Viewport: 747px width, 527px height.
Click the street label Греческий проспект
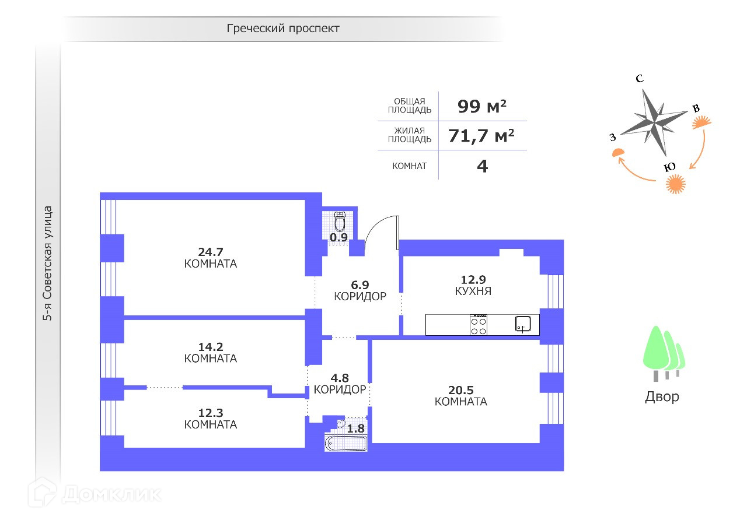click(283, 28)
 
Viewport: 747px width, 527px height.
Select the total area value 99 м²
click(481, 106)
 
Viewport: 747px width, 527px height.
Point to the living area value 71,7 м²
click(481, 136)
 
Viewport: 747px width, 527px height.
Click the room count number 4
click(482, 166)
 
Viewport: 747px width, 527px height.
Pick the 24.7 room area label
click(210, 252)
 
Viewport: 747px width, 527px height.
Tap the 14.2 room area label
click(210, 346)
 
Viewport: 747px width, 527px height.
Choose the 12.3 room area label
click(210, 413)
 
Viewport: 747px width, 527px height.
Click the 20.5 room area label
click(460, 390)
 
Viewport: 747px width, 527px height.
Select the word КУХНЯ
click(473, 291)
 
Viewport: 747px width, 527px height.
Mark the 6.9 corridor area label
click(360, 285)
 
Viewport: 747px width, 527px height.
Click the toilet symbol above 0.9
click(340, 222)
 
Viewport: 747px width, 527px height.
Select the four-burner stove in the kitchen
click(479, 325)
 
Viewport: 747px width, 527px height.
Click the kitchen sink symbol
click(523, 324)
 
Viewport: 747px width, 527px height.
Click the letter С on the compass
click(640, 79)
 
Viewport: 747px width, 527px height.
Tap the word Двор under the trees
click(662, 397)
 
